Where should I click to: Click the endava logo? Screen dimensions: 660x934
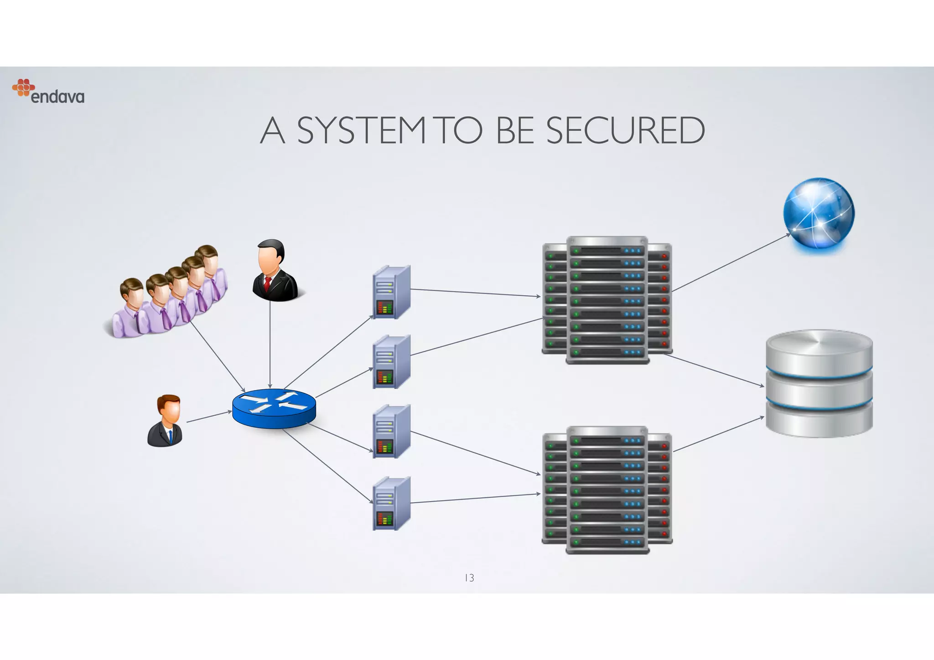48,92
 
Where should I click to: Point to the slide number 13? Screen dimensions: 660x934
469,578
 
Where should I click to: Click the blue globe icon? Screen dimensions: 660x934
819,213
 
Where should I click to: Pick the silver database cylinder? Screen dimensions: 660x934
819,384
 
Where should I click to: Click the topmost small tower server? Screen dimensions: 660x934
391,292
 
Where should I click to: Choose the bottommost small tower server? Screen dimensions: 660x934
391,503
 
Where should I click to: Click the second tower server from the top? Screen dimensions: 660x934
391,362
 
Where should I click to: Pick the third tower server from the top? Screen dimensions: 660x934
391,432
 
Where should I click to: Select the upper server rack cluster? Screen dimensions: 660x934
607,300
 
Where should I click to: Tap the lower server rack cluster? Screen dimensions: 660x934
607,490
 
